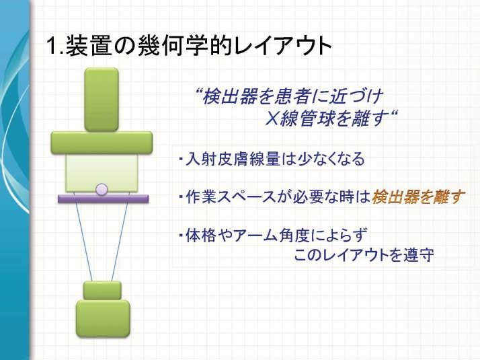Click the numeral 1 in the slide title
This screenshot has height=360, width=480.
(52, 46)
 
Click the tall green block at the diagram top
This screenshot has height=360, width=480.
(102, 100)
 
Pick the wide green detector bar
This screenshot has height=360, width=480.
(102, 143)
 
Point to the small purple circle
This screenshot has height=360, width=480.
(102, 189)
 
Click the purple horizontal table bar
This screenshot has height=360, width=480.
(104, 199)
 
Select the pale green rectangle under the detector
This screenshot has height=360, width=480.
(102, 172)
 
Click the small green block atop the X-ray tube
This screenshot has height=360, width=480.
(102, 291)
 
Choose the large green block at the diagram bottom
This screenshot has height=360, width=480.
(103, 318)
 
